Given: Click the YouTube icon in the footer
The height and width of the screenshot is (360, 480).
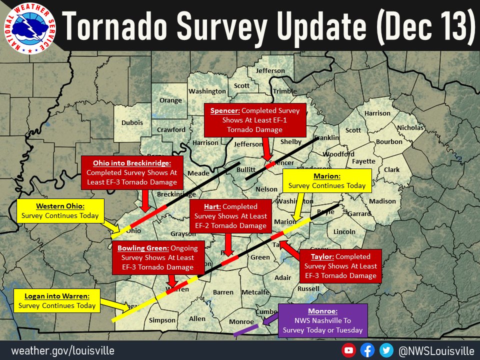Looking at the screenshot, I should [349, 350].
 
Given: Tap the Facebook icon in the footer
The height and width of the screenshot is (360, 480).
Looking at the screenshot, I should [367, 350].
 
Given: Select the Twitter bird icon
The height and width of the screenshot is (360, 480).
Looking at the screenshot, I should [385, 350].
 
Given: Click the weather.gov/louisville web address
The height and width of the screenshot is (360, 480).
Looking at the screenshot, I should [63, 350].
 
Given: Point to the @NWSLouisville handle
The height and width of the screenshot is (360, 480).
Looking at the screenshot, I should [436, 350].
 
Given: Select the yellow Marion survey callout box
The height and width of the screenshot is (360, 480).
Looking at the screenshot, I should [327, 181].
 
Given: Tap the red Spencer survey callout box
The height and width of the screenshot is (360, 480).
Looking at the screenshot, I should [254, 120].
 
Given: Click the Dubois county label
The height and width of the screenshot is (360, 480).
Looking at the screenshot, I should [132, 122].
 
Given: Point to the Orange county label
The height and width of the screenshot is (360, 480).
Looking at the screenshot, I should [170, 100].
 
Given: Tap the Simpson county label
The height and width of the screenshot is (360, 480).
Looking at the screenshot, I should [162, 320].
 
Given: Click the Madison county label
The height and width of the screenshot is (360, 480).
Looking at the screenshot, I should [382, 201].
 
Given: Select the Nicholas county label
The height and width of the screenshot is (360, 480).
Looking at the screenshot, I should [410, 128].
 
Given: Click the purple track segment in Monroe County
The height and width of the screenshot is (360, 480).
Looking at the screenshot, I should [246, 331].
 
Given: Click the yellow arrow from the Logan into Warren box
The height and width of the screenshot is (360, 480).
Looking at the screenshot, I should [116, 305].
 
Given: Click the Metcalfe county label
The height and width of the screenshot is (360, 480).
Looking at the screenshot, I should [255, 292].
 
